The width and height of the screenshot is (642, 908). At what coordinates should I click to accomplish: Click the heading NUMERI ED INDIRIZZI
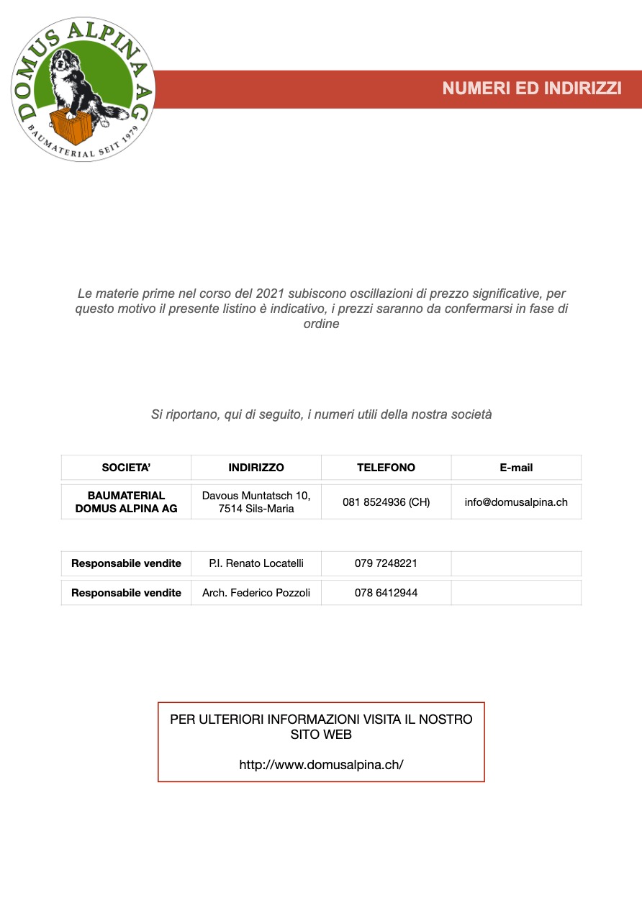(x=532, y=88)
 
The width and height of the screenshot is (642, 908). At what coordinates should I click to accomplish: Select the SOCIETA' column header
(x=126, y=468)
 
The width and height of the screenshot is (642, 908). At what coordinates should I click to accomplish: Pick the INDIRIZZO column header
(x=256, y=468)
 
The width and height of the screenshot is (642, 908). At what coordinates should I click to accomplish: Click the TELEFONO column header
(x=386, y=468)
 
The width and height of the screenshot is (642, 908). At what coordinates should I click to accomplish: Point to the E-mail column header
(x=516, y=468)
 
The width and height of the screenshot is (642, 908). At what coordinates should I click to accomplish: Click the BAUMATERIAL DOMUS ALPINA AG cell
(x=126, y=502)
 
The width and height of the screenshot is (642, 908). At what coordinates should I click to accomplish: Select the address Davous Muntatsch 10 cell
(x=256, y=502)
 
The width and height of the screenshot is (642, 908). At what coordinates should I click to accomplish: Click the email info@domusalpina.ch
(x=516, y=502)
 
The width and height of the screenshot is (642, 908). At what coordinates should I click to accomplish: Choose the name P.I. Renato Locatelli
(x=256, y=563)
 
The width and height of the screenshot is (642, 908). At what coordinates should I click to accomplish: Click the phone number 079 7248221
(x=386, y=563)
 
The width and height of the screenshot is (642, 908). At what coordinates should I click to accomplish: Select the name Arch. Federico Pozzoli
(x=256, y=593)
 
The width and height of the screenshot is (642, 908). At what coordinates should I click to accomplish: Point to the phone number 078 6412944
(x=386, y=593)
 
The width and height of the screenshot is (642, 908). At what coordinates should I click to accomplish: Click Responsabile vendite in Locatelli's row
(x=126, y=563)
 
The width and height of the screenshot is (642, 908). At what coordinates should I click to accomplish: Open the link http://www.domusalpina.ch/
(x=321, y=764)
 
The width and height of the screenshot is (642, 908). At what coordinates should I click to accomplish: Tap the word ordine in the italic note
(x=321, y=324)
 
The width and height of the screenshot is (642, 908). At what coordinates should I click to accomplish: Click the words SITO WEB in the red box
(x=321, y=735)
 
